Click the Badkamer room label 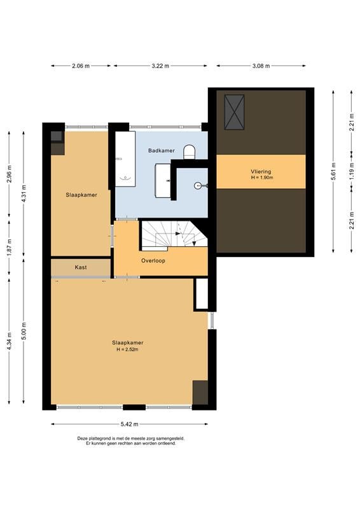click(x=162, y=151)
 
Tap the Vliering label click(x=261, y=172)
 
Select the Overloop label click(x=153, y=261)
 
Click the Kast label click(x=81, y=267)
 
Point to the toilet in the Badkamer click(x=190, y=152)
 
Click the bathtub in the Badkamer click(x=125, y=159)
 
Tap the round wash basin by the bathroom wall click(x=198, y=186)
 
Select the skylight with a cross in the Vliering click(x=234, y=112)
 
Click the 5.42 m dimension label click(x=130, y=424)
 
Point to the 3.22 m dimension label click(x=160, y=66)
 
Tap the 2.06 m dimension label click(x=81, y=66)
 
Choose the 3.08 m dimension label click(x=261, y=66)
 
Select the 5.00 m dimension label click(x=24, y=331)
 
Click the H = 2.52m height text click(x=128, y=349)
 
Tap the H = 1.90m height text click(x=261, y=178)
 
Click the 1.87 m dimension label click(x=9, y=248)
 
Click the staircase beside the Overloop click(x=174, y=235)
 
